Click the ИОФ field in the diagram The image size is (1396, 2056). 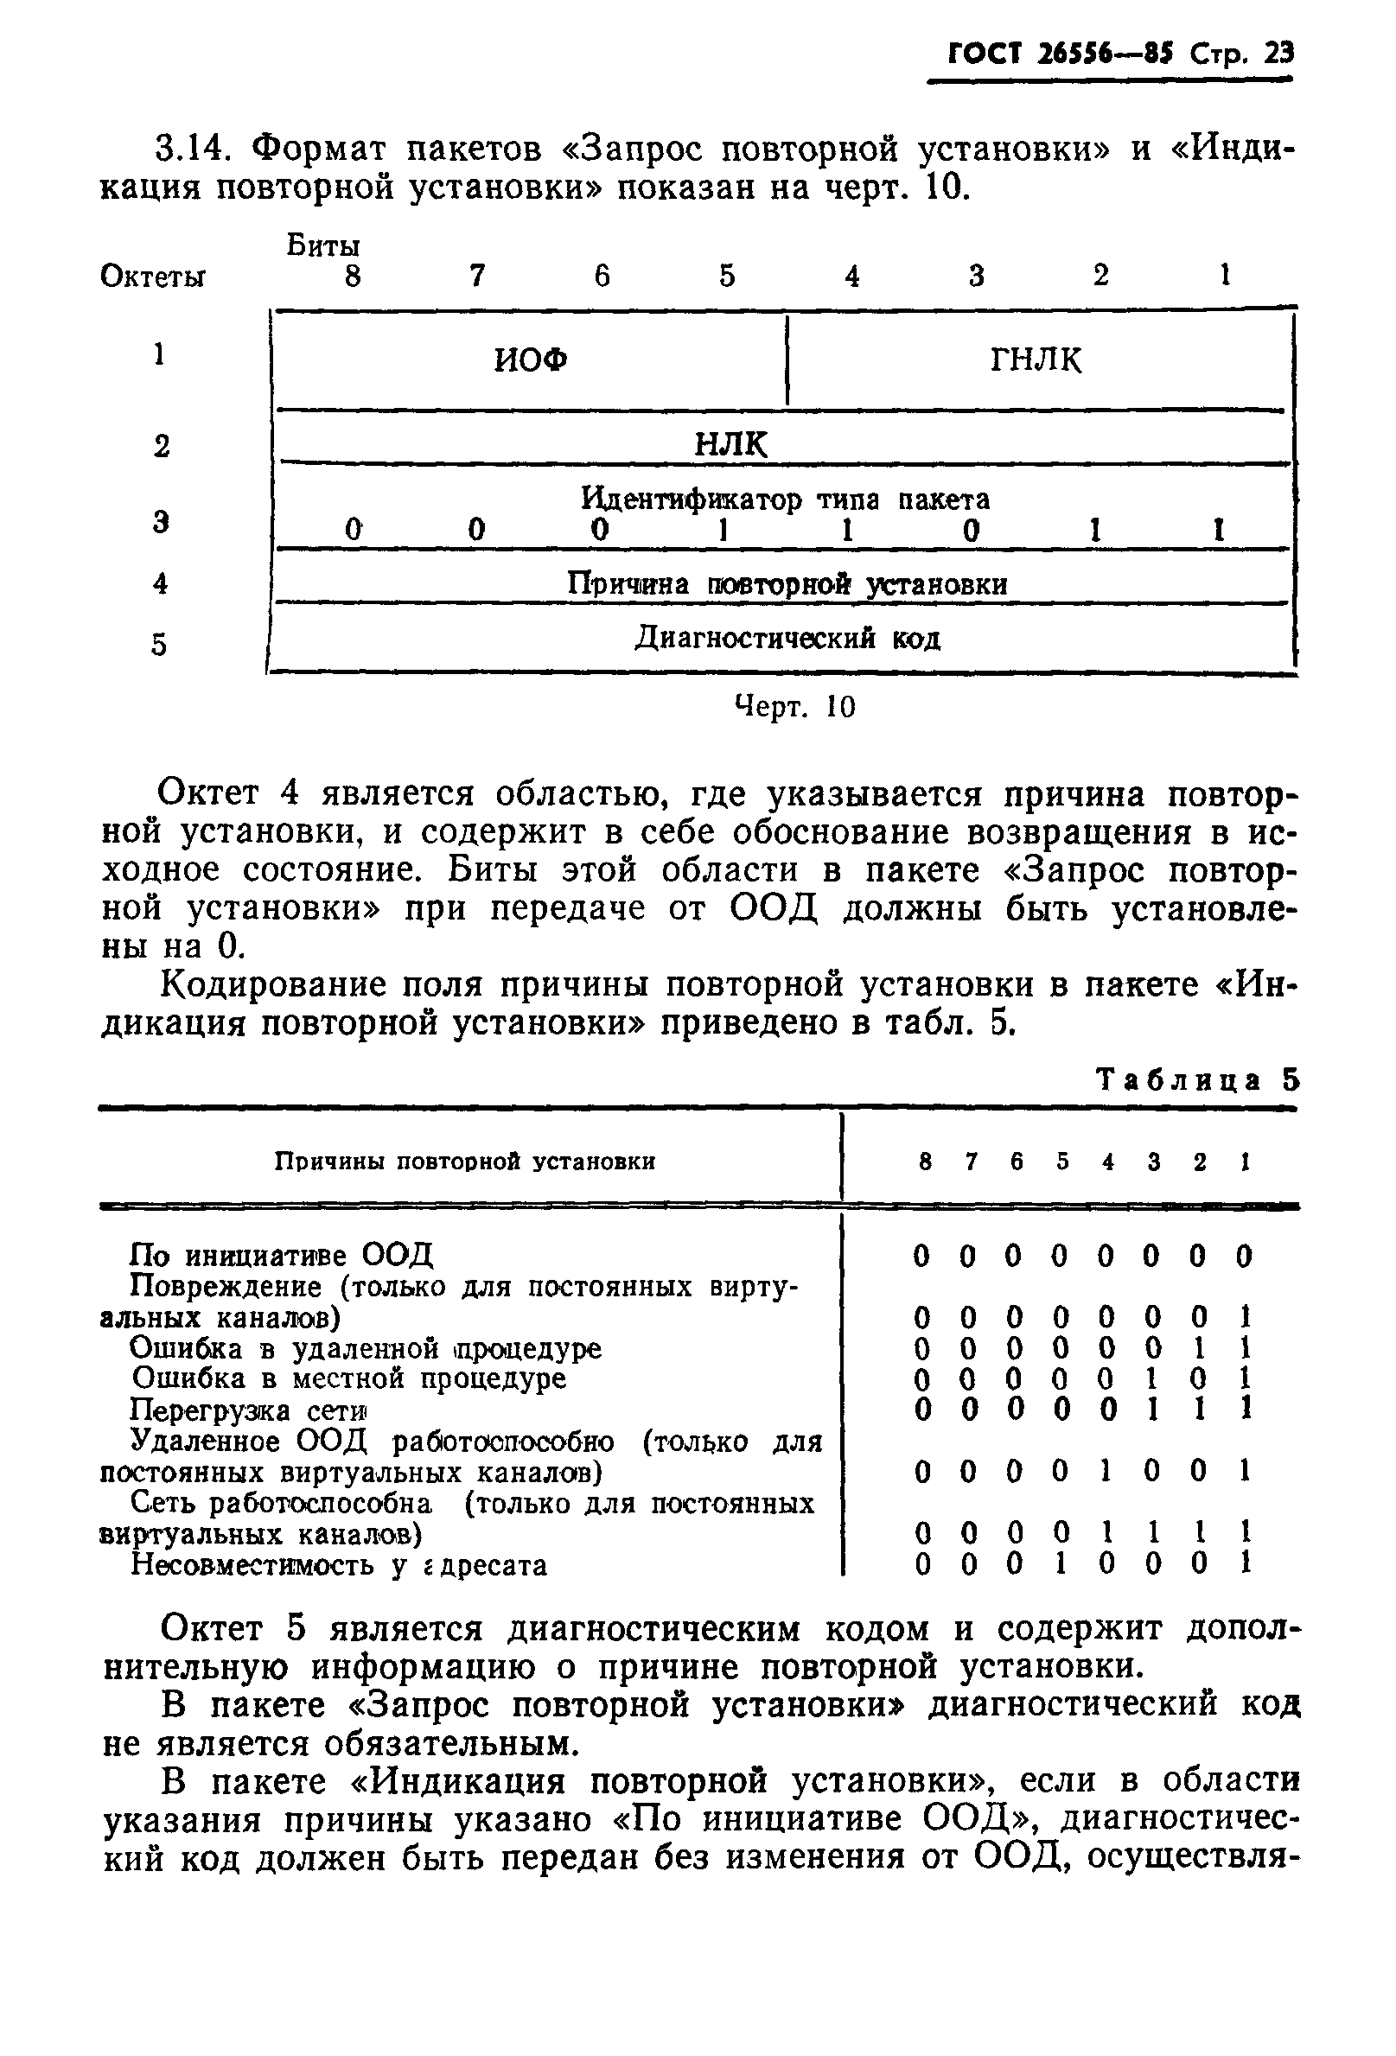point(530,360)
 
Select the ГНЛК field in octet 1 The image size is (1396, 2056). point(1036,360)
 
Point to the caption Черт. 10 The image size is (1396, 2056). point(795,706)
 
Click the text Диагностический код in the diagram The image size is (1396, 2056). point(787,638)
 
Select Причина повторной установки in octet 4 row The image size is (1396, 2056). point(787,584)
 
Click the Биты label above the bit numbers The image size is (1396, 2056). point(323,245)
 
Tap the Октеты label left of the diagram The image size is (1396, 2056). point(153,277)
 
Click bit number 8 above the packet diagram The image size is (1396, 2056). point(353,277)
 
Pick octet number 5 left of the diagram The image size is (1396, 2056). point(158,645)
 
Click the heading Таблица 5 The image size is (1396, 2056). point(1198,1080)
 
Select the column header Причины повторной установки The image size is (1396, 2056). point(465,1162)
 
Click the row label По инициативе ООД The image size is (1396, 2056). point(281,1255)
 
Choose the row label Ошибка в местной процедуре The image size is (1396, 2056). point(349,1378)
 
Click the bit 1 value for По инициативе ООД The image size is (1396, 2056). point(1244,1256)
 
